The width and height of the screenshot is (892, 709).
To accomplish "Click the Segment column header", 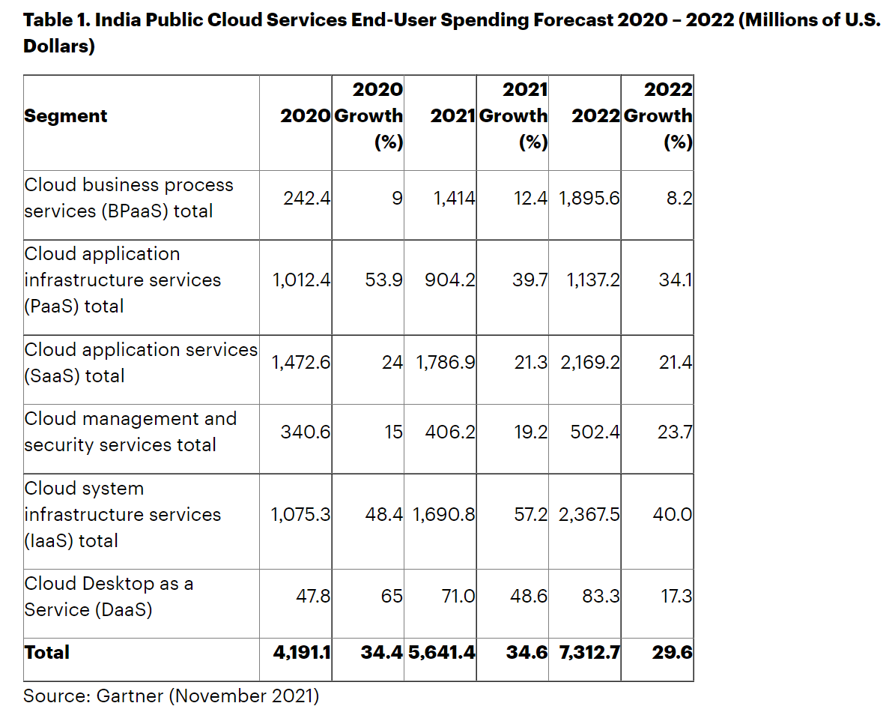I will click(x=66, y=116).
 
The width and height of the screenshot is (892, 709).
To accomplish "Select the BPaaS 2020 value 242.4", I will click(x=306, y=199).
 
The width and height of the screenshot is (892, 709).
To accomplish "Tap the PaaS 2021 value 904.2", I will click(x=449, y=280).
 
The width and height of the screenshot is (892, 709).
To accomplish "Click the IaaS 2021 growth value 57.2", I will click(x=531, y=515).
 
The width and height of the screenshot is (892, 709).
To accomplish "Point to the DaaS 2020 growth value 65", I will click(x=392, y=597).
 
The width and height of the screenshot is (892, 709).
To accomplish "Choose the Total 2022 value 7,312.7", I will click(x=589, y=653).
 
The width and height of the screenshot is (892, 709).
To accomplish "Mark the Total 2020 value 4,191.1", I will click(x=302, y=653).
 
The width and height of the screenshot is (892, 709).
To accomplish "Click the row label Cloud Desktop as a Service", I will click(x=109, y=597).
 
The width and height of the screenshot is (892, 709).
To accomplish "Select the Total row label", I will click(x=46, y=653).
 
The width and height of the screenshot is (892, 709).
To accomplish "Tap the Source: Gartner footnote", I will click(x=171, y=696).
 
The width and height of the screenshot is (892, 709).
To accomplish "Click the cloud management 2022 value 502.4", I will click(x=595, y=432).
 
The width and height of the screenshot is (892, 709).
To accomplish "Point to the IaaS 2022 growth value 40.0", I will click(x=672, y=515).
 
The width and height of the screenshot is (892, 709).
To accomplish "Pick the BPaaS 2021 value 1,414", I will click(x=454, y=199).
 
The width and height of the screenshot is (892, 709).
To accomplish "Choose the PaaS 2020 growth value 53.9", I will click(x=383, y=280).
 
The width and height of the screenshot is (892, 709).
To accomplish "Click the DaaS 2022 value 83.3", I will click(x=601, y=597).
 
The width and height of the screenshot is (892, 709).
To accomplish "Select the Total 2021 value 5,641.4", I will click(x=442, y=653).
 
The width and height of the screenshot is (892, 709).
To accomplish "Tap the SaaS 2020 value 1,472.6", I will click(x=301, y=363).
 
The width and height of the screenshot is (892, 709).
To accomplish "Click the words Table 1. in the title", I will click(x=58, y=19).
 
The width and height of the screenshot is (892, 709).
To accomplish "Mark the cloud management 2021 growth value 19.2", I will click(x=531, y=432).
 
